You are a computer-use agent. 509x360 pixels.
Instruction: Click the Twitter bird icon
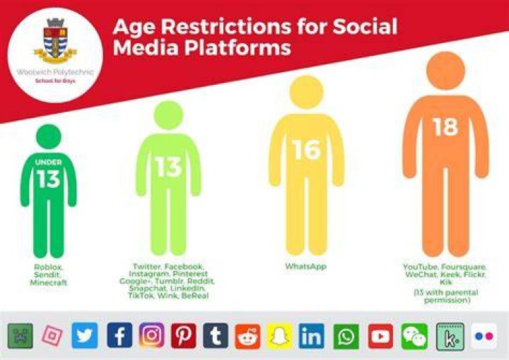[84, 336]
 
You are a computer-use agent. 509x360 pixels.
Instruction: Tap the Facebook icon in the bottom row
[119, 336]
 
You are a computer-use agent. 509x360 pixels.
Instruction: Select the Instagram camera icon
[151, 336]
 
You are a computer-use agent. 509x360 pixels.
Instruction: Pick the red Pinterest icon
[183, 336]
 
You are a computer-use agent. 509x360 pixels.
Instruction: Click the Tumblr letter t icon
[216, 336]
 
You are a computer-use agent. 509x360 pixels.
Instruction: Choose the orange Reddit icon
[247, 336]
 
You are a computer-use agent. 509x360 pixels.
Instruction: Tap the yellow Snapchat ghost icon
[279, 336]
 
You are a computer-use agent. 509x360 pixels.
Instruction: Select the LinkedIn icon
[311, 336]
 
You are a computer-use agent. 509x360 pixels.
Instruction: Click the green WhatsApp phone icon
[346, 337]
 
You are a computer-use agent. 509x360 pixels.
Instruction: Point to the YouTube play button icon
[380, 336]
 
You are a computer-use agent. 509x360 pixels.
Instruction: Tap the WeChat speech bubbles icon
[414, 336]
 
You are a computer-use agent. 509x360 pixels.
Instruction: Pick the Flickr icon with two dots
[484, 336]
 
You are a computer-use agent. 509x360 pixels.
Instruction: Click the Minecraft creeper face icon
[20, 336]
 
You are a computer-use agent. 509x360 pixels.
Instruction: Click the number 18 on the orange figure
[445, 127]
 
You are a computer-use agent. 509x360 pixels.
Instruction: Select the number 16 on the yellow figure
[306, 150]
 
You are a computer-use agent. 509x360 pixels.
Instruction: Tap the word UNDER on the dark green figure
[48, 162]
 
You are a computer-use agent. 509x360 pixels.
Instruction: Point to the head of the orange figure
[445, 71]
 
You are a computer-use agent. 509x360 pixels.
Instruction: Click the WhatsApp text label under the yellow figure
[306, 267]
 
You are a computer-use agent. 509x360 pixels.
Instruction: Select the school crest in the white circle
[56, 40]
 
